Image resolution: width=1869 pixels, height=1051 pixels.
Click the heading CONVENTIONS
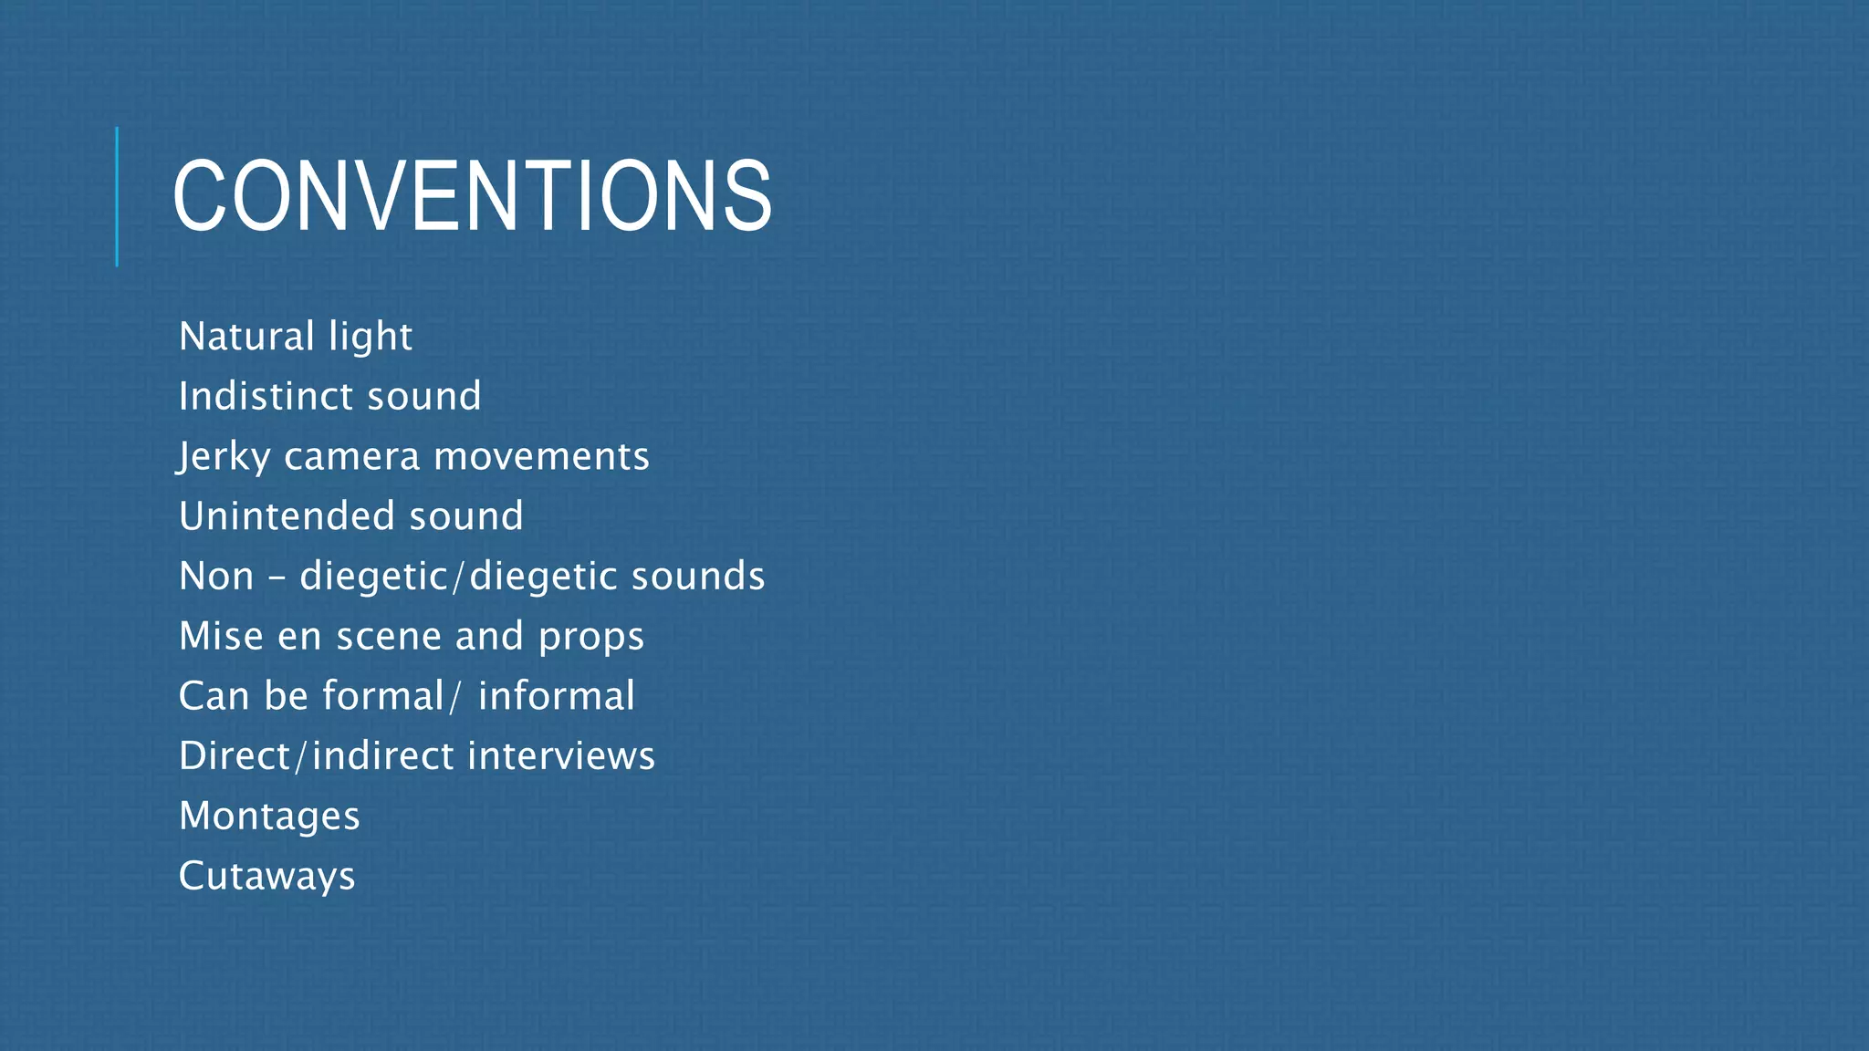(472, 196)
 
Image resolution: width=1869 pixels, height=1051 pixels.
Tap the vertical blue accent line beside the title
(117, 196)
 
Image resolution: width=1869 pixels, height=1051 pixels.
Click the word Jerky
(224, 457)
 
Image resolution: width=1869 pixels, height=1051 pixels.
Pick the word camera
(351, 457)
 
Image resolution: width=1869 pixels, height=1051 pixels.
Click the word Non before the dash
(216, 576)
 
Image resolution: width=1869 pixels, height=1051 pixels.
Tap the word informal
(557, 696)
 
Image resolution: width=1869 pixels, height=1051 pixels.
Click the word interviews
(561, 755)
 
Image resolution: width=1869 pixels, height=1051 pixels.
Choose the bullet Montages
(269, 817)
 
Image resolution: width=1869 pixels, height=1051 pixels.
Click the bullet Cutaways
(266, 877)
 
